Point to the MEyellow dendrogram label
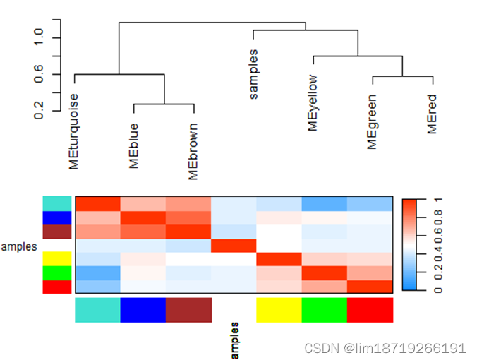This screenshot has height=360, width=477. tap(313, 102)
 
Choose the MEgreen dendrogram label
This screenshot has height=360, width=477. tap(372, 121)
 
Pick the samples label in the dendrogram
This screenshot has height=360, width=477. tap(254, 74)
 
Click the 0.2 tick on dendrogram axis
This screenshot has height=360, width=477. tap(38, 109)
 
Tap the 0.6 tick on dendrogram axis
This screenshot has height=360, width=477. tap(38, 73)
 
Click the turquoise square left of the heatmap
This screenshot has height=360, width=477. tap(57, 203)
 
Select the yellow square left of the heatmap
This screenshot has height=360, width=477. tap(57, 259)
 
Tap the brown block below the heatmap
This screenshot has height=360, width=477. tap(189, 310)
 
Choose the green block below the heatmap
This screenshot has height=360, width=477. tap(325, 310)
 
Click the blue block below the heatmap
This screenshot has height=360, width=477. tap(143, 310)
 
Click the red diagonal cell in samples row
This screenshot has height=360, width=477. tap(234, 245)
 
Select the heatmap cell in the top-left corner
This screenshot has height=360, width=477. tap(98, 203)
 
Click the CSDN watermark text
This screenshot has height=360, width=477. tap(384, 348)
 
